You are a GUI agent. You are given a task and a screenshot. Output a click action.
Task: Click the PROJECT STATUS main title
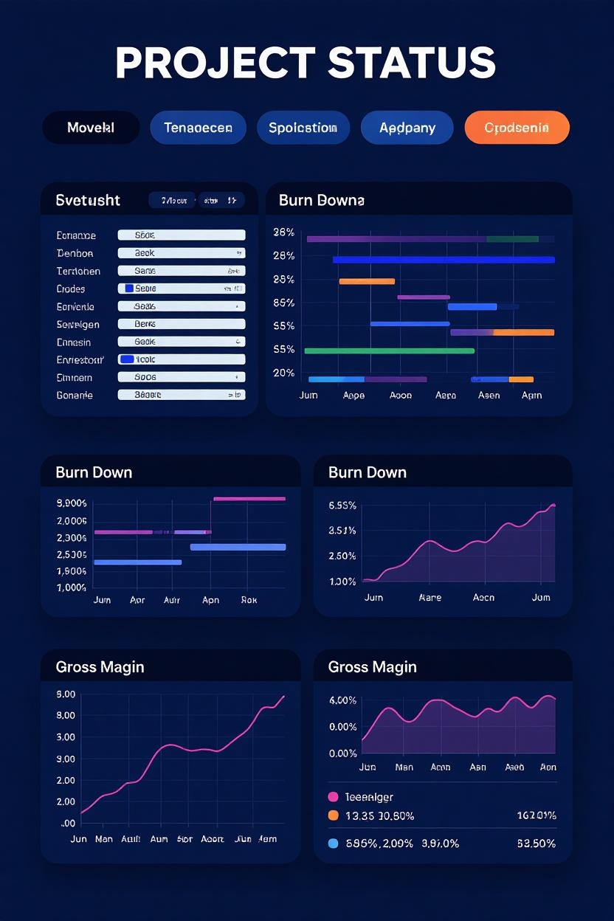coord(306,63)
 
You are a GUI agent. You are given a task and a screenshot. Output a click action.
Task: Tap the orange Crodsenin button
coord(517,128)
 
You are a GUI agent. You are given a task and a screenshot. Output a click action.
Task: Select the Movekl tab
coord(91,128)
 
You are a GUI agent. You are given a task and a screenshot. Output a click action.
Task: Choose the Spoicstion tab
coord(303,128)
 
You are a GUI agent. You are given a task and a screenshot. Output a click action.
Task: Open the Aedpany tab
coord(407,128)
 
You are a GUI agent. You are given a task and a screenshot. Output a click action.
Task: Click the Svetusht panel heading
coord(88,200)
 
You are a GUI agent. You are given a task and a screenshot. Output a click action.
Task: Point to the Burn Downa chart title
coord(321,200)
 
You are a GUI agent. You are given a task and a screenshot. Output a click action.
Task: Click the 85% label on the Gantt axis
coord(284,303)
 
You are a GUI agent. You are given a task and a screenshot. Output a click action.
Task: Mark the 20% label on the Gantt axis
coord(284,373)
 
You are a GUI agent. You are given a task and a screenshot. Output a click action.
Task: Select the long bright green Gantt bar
coord(389,351)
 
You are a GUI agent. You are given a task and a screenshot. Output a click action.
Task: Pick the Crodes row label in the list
coord(71,289)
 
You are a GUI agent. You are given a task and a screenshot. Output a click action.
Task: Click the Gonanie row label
coord(75,395)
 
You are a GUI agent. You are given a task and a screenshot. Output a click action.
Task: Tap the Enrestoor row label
coord(80,359)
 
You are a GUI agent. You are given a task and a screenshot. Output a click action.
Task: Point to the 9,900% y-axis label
coord(72,503)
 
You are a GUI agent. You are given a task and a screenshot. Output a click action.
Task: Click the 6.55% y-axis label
coord(342,506)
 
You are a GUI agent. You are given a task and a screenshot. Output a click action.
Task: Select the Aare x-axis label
coord(430,597)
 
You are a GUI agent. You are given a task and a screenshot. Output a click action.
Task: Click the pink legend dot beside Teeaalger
coord(332,797)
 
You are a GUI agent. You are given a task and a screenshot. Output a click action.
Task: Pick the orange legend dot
coord(332,815)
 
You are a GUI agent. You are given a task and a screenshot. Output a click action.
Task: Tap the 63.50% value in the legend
coord(536,843)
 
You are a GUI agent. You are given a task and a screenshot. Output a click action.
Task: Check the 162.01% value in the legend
coord(536,815)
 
